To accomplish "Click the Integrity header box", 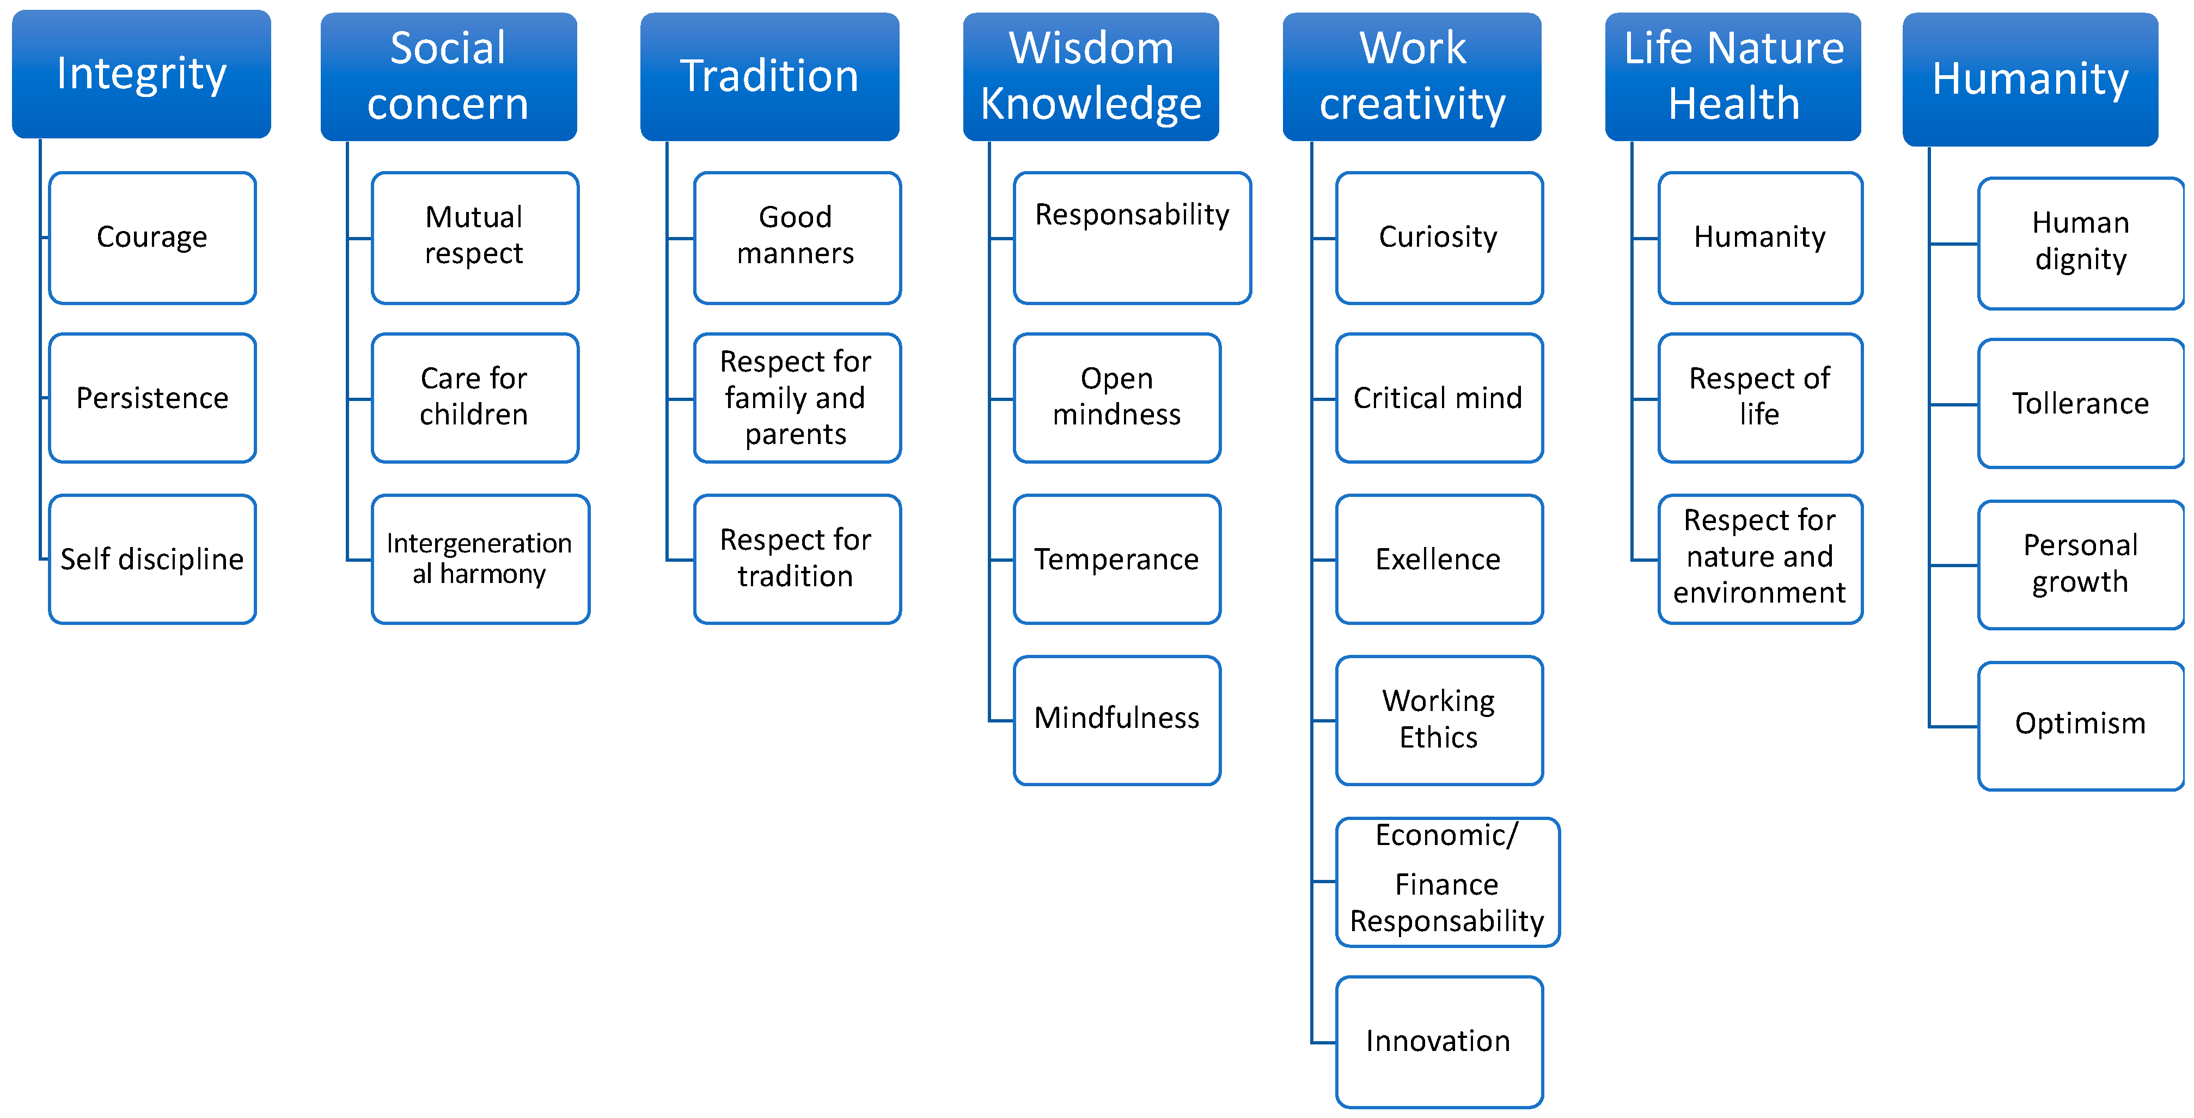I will [142, 74].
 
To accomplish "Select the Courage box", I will [152, 237].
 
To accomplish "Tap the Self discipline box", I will [152, 559].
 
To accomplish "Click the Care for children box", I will [474, 397].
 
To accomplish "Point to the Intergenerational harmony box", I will [480, 559].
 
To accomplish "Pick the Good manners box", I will [796, 237].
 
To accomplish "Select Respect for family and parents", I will [796, 397].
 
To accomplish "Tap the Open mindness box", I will [1116, 397].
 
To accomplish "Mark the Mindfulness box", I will [1116, 720].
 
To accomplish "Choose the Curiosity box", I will [1439, 237].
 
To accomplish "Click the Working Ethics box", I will [1439, 720].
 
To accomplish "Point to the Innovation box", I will [1439, 1041].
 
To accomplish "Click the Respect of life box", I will [1759, 397].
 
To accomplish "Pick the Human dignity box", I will [2080, 243].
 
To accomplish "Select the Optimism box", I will [2080, 725].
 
